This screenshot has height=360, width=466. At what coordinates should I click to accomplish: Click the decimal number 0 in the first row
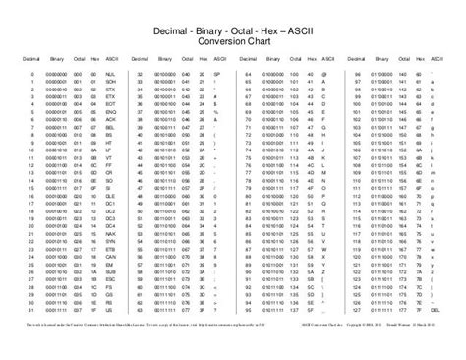point(32,73)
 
